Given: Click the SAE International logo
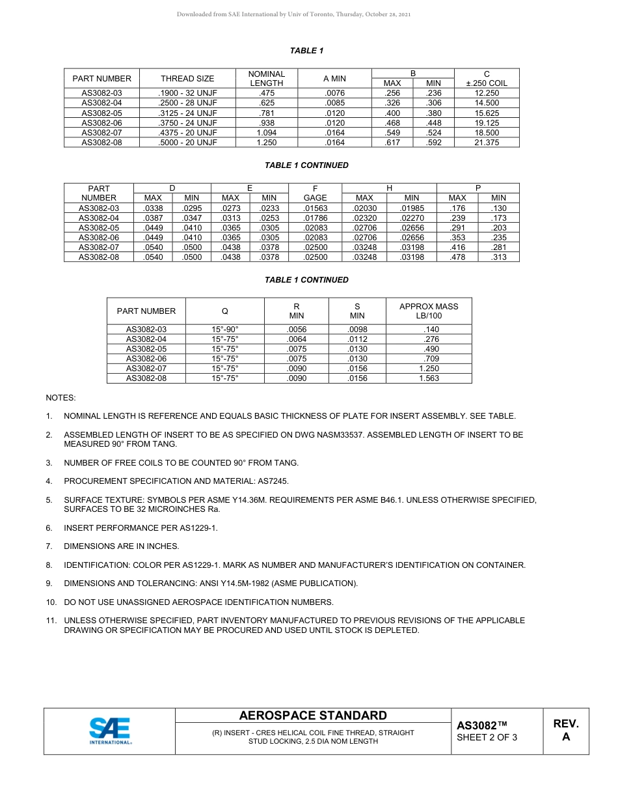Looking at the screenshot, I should coord(110,731).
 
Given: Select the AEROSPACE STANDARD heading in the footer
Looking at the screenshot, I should coord(313,716).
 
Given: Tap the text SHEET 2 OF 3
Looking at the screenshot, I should coord(487,737).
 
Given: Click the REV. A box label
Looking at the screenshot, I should coord(565,731).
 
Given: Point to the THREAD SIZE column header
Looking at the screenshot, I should coord(187,79).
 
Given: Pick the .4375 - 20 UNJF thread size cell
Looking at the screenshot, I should coord(187,133).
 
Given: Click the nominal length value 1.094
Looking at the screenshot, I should coord(267,133).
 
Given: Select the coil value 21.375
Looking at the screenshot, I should coord(487,143).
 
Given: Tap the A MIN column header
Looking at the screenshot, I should coord(334,79).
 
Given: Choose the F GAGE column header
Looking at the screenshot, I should coord(316,193).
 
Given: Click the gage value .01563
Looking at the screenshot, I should coord(316,208).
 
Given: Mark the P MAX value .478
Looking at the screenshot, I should coord(457,257).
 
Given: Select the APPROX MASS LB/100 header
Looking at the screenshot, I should coord(429,311).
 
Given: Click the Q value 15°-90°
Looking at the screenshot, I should coord(225,330).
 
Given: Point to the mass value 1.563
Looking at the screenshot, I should coord(429,378).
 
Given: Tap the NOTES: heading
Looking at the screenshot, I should coord(60,397).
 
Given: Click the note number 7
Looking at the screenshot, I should coord(49,546).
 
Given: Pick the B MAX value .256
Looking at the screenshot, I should coord(392,93).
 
